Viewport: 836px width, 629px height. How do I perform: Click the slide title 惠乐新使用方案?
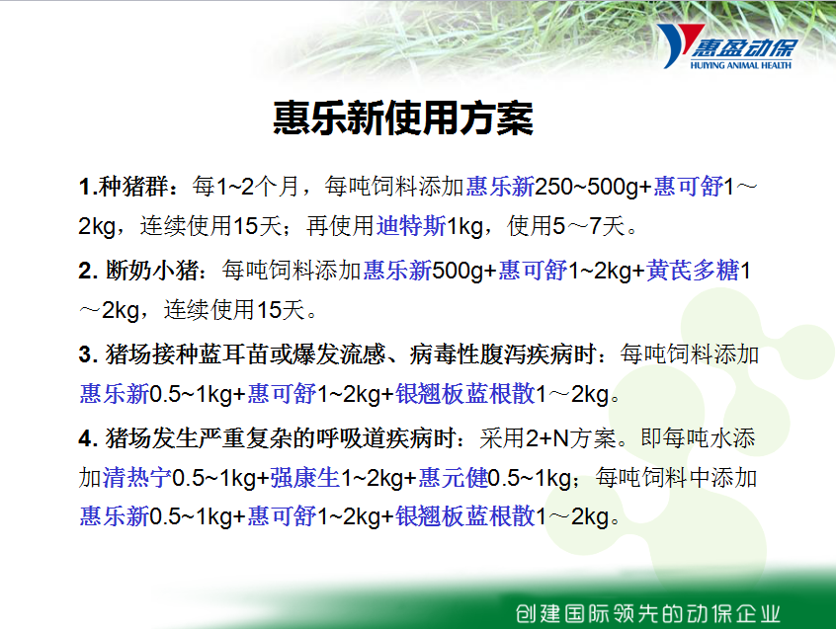click(403, 118)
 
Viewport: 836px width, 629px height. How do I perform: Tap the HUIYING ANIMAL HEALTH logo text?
click(740, 65)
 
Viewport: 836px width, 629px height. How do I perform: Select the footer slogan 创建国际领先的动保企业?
click(648, 613)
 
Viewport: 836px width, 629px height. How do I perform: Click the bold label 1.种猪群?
click(124, 187)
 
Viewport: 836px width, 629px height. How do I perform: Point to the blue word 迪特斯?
click(411, 226)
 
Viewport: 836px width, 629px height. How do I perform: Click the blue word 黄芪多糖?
click(693, 270)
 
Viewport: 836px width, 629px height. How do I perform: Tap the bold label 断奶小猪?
click(152, 270)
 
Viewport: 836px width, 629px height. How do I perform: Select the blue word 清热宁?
click(137, 477)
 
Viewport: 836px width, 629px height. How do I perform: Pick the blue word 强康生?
click(305, 477)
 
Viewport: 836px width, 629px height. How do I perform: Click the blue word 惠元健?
click(454, 477)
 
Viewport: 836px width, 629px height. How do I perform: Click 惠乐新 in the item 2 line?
click(397, 270)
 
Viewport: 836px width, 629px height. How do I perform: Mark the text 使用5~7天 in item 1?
click(566, 226)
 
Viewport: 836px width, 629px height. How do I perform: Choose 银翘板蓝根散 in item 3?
click(464, 394)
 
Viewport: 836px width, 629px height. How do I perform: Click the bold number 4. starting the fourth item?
click(88, 438)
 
